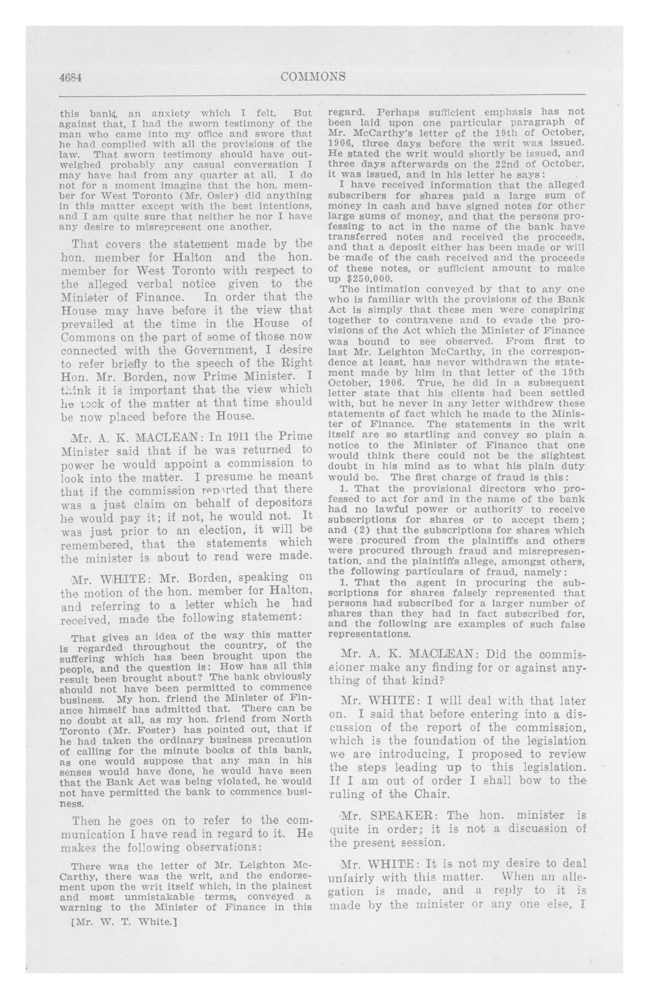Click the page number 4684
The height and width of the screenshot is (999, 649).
[x=70, y=78]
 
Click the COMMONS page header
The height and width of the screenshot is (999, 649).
[x=313, y=76]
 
